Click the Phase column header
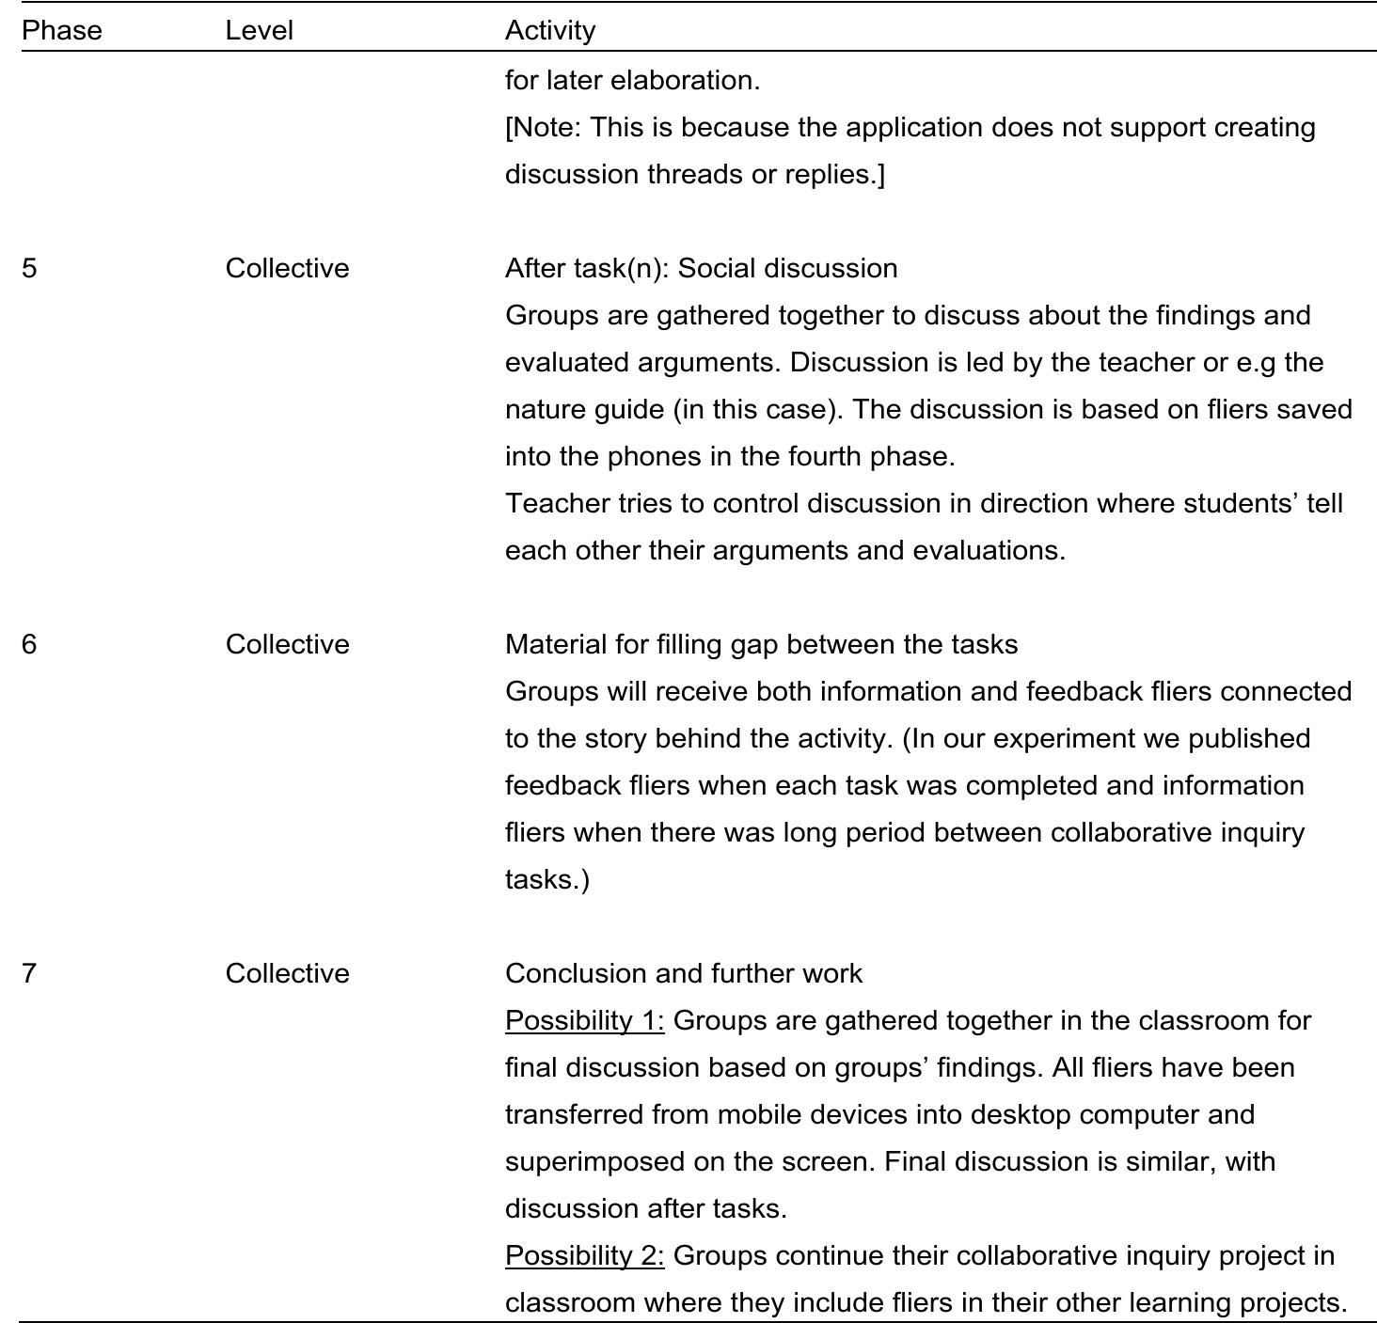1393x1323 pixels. click(x=61, y=30)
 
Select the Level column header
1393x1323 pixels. click(x=259, y=30)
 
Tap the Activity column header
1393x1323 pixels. click(x=550, y=30)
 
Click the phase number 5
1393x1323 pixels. click(x=29, y=268)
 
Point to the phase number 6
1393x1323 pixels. click(x=29, y=644)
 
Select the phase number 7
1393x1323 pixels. click(x=29, y=973)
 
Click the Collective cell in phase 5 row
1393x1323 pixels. click(x=287, y=268)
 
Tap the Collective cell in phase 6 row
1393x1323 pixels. click(x=287, y=644)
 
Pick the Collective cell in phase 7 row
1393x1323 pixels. click(x=287, y=973)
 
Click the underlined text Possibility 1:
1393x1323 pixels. click(x=584, y=1020)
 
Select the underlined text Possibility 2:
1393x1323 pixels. click(x=584, y=1255)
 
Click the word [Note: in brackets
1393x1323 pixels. click(x=543, y=127)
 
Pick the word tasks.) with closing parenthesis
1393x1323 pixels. click(x=546, y=879)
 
